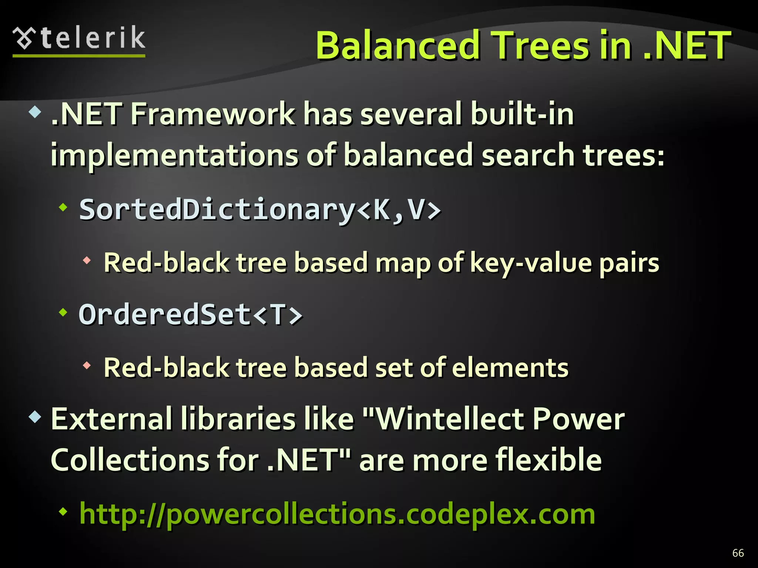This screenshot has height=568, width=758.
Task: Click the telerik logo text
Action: point(93,38)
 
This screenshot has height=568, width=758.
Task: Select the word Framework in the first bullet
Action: point(213,114)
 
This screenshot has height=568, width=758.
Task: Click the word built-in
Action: point(522,114)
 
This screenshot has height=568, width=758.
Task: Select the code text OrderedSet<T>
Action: point(191,315)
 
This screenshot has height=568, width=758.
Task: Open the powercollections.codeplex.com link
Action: point(337,514)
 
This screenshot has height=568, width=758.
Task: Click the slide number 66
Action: point(738,553)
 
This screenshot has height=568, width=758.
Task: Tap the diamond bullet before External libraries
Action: point(35,417)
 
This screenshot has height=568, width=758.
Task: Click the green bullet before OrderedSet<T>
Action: point(64,313)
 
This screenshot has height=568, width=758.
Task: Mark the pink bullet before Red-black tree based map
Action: point(87,261)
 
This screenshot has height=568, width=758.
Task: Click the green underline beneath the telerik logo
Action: point(79,56)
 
